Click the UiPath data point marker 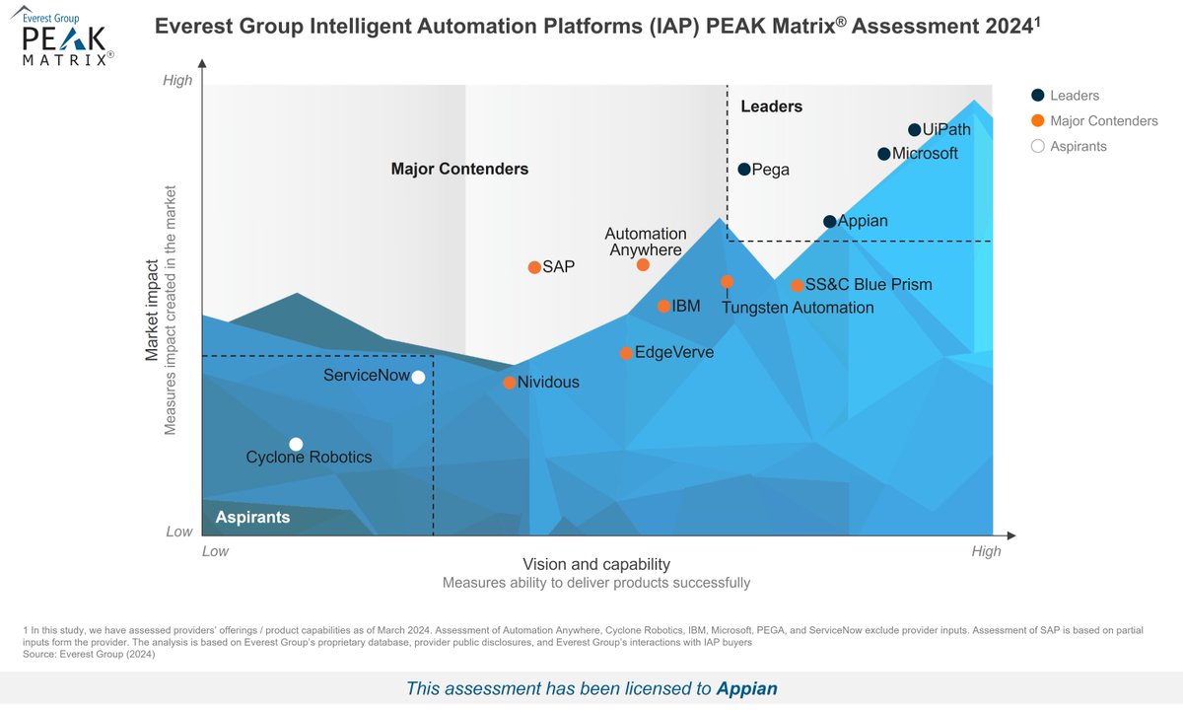coord(914,130)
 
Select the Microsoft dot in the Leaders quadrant coord(884,154)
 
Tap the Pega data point coord(744,170)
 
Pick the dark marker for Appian coord(830,222)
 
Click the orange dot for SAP coord(534,267)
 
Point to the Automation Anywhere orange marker coord(643,265)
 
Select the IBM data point coord(664,307)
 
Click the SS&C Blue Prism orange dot coord(797,286)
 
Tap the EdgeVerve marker coord(626,353)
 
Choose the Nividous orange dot coord(510,383)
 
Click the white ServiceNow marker coord(418,377)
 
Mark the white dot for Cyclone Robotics coord(296,444)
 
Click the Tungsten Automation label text coord(798,308)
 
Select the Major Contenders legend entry coord(1103,121)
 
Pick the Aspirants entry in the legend coord(1078,147)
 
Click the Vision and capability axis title coord(595,565)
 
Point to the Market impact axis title coord(153,311)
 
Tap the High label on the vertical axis coord(177,81)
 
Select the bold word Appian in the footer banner coord(746,688)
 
